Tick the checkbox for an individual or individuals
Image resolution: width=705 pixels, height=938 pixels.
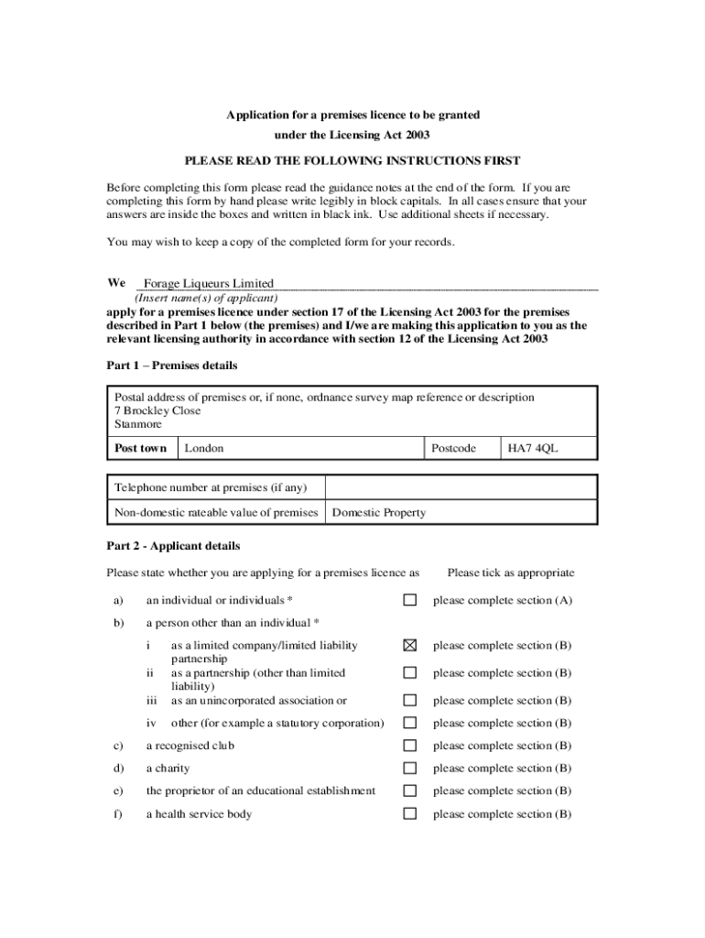tap(410, 600)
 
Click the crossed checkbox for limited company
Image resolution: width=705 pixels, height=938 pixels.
tap(410, 645)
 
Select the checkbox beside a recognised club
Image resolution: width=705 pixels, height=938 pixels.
tap(410, 746)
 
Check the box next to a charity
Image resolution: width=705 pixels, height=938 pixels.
tap(410, 769)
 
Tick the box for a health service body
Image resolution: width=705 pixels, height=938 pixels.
tap(410, 813)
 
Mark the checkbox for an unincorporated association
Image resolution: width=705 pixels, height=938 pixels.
tap(410, 700)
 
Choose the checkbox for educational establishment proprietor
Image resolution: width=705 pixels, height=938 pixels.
tap(410, 791)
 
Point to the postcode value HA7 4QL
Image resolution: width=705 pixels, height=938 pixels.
tap(532, 449)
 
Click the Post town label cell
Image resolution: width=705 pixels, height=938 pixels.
tap(140, 449)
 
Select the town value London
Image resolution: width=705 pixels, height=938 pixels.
tap(203, 449)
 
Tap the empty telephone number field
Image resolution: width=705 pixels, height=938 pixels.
tap(461, 487)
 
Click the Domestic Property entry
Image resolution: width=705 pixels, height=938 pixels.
tap(378, 513)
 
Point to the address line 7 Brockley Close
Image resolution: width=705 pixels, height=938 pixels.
tap(157, 411)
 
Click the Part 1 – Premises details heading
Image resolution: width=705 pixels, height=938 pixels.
tap(172, 365)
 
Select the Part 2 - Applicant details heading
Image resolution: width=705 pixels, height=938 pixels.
tap(173, 546)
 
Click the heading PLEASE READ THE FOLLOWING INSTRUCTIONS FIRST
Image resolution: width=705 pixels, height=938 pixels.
tap(352, 160)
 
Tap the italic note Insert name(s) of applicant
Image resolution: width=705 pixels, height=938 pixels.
tap(206, 299)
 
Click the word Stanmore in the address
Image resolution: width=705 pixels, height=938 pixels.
tap(137, 425)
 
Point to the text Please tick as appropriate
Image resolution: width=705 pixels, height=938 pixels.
tap(510, 573)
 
